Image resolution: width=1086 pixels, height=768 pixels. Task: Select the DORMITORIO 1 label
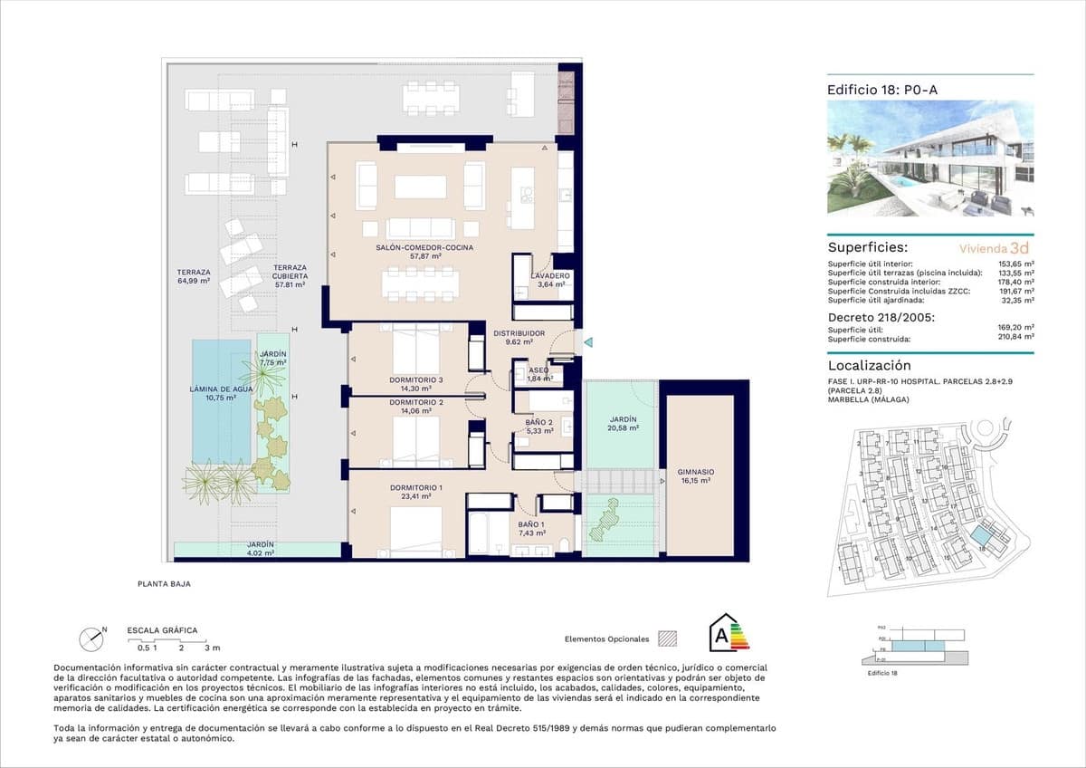click(415, 492)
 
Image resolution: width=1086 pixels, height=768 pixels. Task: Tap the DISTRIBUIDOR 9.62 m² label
click(519, 338)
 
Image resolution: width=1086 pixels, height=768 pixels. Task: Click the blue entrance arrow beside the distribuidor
click(587, 342)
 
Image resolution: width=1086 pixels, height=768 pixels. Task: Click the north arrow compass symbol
click(93, 638)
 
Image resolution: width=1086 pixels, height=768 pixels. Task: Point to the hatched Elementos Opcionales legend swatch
click(668, 638)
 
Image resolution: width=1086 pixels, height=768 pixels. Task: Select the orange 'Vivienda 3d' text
click(994, 246)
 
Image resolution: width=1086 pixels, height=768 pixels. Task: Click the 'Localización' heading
click(869, 366)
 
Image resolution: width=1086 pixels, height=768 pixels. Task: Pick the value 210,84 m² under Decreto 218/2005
click(1013, 339)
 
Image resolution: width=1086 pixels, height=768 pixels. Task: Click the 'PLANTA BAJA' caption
click(165, 584)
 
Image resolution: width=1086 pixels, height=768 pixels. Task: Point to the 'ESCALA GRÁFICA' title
click(162, 630)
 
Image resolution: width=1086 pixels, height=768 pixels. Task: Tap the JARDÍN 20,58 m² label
click(623, 425)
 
